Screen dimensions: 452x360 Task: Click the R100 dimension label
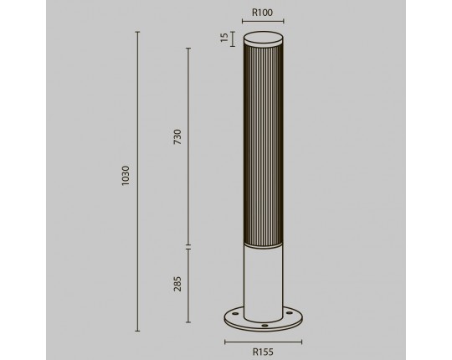pyautogui.click(x=262, y=13)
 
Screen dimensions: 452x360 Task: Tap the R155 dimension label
pyautogui.click(x=263, y=352)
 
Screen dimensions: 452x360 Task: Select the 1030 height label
pyautogui.click(x=126, y=176)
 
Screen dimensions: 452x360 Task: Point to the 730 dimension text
pyautogui.click(x=177, y=137)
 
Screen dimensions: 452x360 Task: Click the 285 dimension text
pyautogui.click(x=177, y=284)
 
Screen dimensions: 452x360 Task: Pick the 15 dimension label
pyautogui.click(x=224, y=38)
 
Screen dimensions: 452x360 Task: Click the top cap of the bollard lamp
pyautogui.click(x=263, y=39)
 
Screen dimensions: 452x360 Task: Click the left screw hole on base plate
pyautogui.click(x=235, y=313)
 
